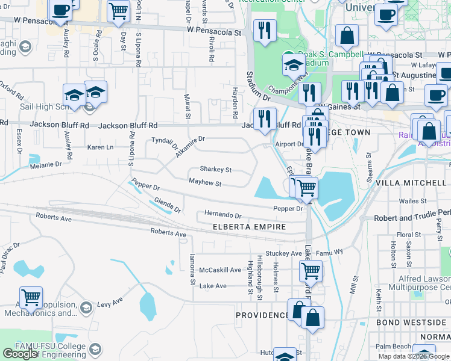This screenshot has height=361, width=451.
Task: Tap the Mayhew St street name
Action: point(205,184)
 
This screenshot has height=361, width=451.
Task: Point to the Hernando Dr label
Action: point(222,215)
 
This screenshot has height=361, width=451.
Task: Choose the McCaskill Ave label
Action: point(220,270)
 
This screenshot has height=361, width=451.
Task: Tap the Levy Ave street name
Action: point(111,299)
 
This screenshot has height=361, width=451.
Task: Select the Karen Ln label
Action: point(100,147)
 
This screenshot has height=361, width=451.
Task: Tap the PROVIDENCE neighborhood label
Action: point(262,315)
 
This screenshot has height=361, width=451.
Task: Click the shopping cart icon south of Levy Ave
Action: point(31,297)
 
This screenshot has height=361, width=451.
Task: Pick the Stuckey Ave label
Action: point(288,254)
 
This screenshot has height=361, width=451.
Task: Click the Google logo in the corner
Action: point(20,354)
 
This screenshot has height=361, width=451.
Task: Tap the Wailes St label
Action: point(412,202)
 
